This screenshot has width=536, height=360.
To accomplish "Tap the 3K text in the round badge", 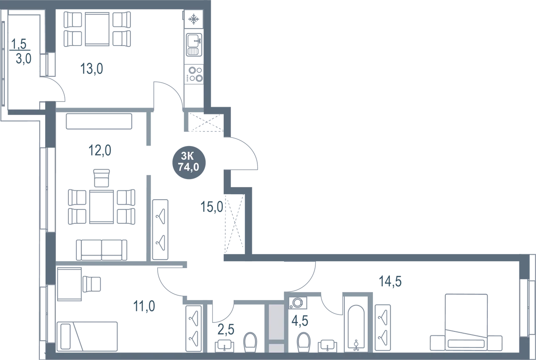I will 188,156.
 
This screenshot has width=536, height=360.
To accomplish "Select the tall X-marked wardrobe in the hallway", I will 235,219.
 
